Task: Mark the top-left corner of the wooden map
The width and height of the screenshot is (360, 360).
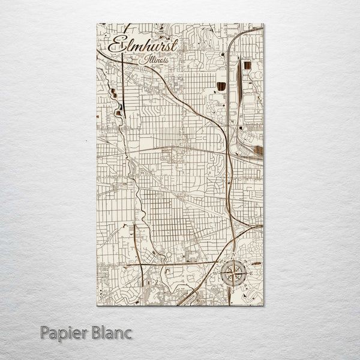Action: [x=97, y=24]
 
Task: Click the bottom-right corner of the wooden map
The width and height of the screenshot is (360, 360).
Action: [x=263, y=305]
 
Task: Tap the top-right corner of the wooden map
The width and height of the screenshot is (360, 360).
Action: [x=263, y=24]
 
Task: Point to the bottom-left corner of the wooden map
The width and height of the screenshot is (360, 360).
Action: [x=97, y=305]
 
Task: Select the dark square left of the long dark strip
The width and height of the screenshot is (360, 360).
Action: [x=222, y=85]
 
